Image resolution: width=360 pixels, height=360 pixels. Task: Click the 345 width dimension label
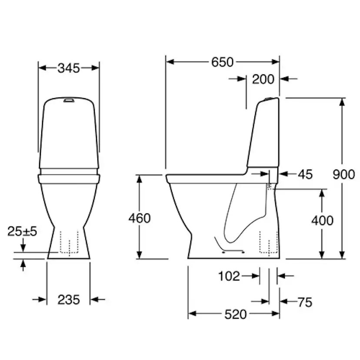[69, 68]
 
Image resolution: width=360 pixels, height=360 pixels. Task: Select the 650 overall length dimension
[222, 62]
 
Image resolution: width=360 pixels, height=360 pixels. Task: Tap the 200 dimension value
[263, 79]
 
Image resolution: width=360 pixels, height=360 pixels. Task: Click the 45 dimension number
[305, 174]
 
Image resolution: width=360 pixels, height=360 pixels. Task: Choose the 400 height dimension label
[322, 220]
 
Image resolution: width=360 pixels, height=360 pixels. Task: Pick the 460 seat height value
[139, 218]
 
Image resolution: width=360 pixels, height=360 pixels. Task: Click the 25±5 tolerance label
[22, 231]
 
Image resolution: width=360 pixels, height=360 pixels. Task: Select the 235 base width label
[69, 300]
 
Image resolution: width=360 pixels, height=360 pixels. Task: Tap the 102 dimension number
[229, 276]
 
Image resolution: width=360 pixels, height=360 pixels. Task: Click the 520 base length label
[235, 314]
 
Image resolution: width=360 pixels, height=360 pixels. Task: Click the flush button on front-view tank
[69, 100]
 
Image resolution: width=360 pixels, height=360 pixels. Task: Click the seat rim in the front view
[69, 178]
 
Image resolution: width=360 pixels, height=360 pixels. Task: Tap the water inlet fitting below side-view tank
[269, 186]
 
